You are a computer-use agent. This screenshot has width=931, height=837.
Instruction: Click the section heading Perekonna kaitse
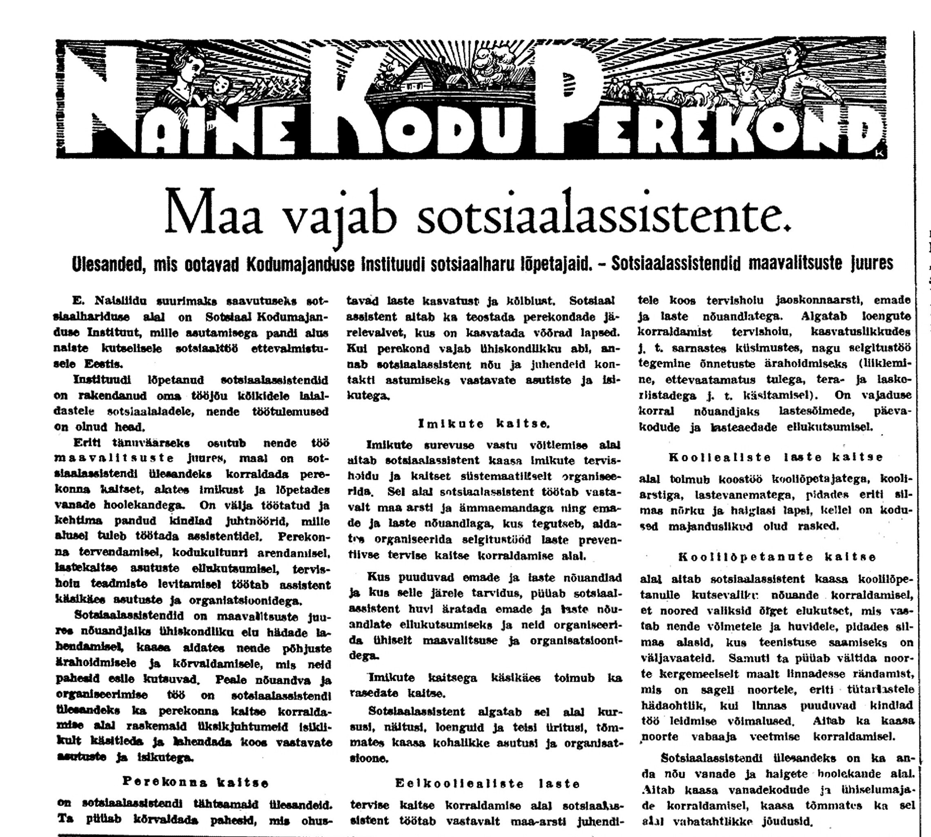(x=195, y=782)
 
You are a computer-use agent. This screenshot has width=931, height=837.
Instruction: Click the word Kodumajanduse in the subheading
(x=301, y=264)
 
